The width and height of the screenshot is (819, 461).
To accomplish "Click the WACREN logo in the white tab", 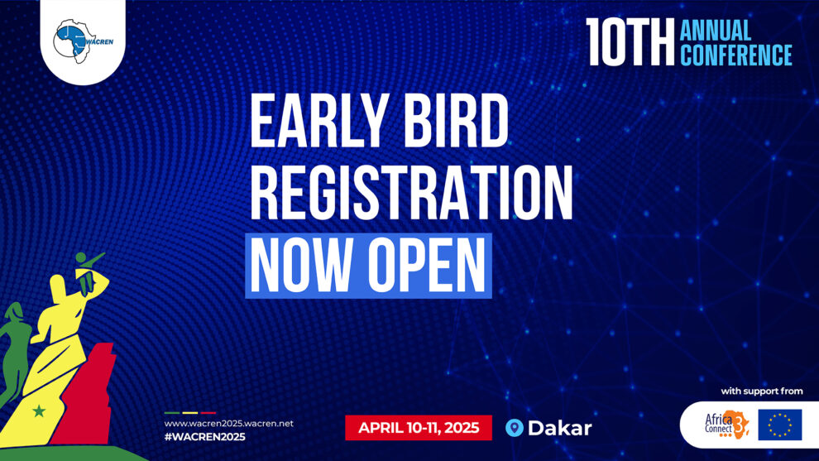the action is point(83,41).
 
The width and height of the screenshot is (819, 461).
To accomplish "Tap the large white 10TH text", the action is point(630,42).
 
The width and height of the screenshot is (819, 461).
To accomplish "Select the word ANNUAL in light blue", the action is point(716,31).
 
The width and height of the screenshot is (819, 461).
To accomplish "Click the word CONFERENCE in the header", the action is point(736,55).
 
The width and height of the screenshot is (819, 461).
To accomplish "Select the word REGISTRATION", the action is point(412,192).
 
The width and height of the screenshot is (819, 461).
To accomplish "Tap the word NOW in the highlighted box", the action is point(302,265).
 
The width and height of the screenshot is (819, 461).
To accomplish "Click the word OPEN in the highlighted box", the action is point(427,265).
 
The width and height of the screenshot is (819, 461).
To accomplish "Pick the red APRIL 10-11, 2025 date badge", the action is point(419,428).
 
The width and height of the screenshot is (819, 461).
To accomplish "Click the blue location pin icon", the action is point(515,428).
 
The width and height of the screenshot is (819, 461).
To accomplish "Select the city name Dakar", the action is point(560,428).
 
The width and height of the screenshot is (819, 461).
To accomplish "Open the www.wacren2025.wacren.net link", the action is point(229,424).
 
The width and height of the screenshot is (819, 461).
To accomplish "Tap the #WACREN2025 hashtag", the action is point(205,437).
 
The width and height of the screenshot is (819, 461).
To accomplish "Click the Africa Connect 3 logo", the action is point(726,425).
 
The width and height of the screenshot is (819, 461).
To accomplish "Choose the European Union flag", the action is point(780,425).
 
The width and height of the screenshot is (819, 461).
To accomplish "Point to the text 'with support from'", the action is point(762,391).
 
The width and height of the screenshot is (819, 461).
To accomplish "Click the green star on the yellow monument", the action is point(38,411).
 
